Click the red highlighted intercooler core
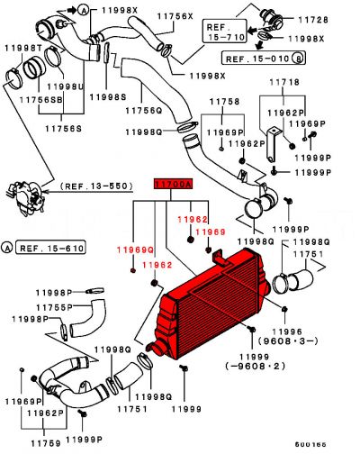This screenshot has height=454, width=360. [x=220, y=302]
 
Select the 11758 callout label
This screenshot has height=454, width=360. [x=224, y=103]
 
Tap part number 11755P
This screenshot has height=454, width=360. [x=32, y=307]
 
